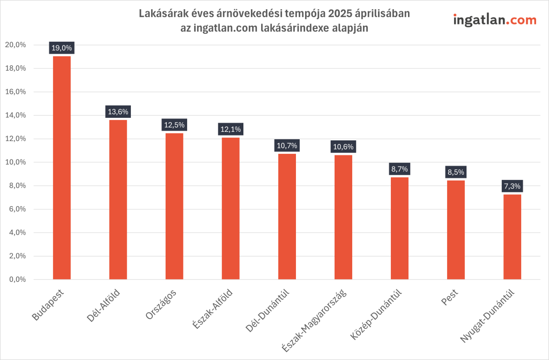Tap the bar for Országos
click(174, 206)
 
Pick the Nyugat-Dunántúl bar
click(512, 236)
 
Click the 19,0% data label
click(62, 48)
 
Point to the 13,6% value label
click(118, 112)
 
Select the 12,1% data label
click(231, 129)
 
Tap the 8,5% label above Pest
click(456, 172)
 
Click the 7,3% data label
click(512, 186)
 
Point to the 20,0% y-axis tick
click(16, 45)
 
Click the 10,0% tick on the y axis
click(16, 162)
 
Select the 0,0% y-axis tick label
click(17, 280)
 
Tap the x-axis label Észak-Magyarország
click(314, 321)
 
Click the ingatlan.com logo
click(494, 20)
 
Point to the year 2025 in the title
click(338, 13)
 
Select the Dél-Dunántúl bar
click(287, 216)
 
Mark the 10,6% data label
click(343, 146)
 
